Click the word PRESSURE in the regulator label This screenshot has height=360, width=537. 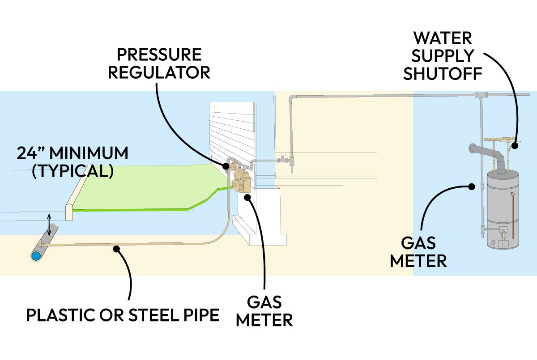pyautogui.click(x=159, y=55)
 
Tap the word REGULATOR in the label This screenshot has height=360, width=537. pyautogui.click(x=159, y=72)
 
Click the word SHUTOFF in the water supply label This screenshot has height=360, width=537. pyautogui.click(x=443, y=74)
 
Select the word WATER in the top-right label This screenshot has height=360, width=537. pyautogui.click(x=443, y=38)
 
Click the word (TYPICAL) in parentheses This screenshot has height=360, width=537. pyautogui.click(x=72, y=171)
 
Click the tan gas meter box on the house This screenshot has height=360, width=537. pyautogui.click(x=242, y=181)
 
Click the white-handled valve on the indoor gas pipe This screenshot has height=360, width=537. pyautogui.click(x=282, y=158)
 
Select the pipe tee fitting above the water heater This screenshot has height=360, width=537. pyautogui.click(x=480, y=95)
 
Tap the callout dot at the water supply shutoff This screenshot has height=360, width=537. pyautogui.click(x=515, y=145)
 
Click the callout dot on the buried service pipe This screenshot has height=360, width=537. pyautogui.click(x=117, y=248)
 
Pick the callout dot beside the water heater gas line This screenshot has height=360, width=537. pyautogui.click(x=471, y=187)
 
